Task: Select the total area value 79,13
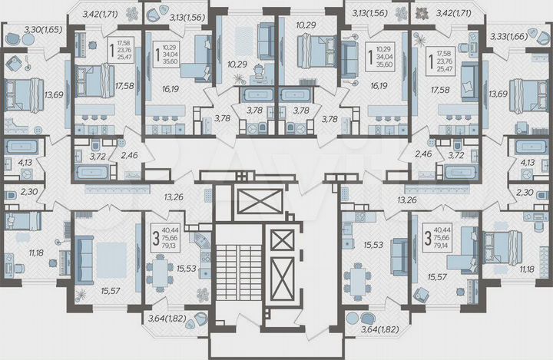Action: (x=174, y=247)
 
